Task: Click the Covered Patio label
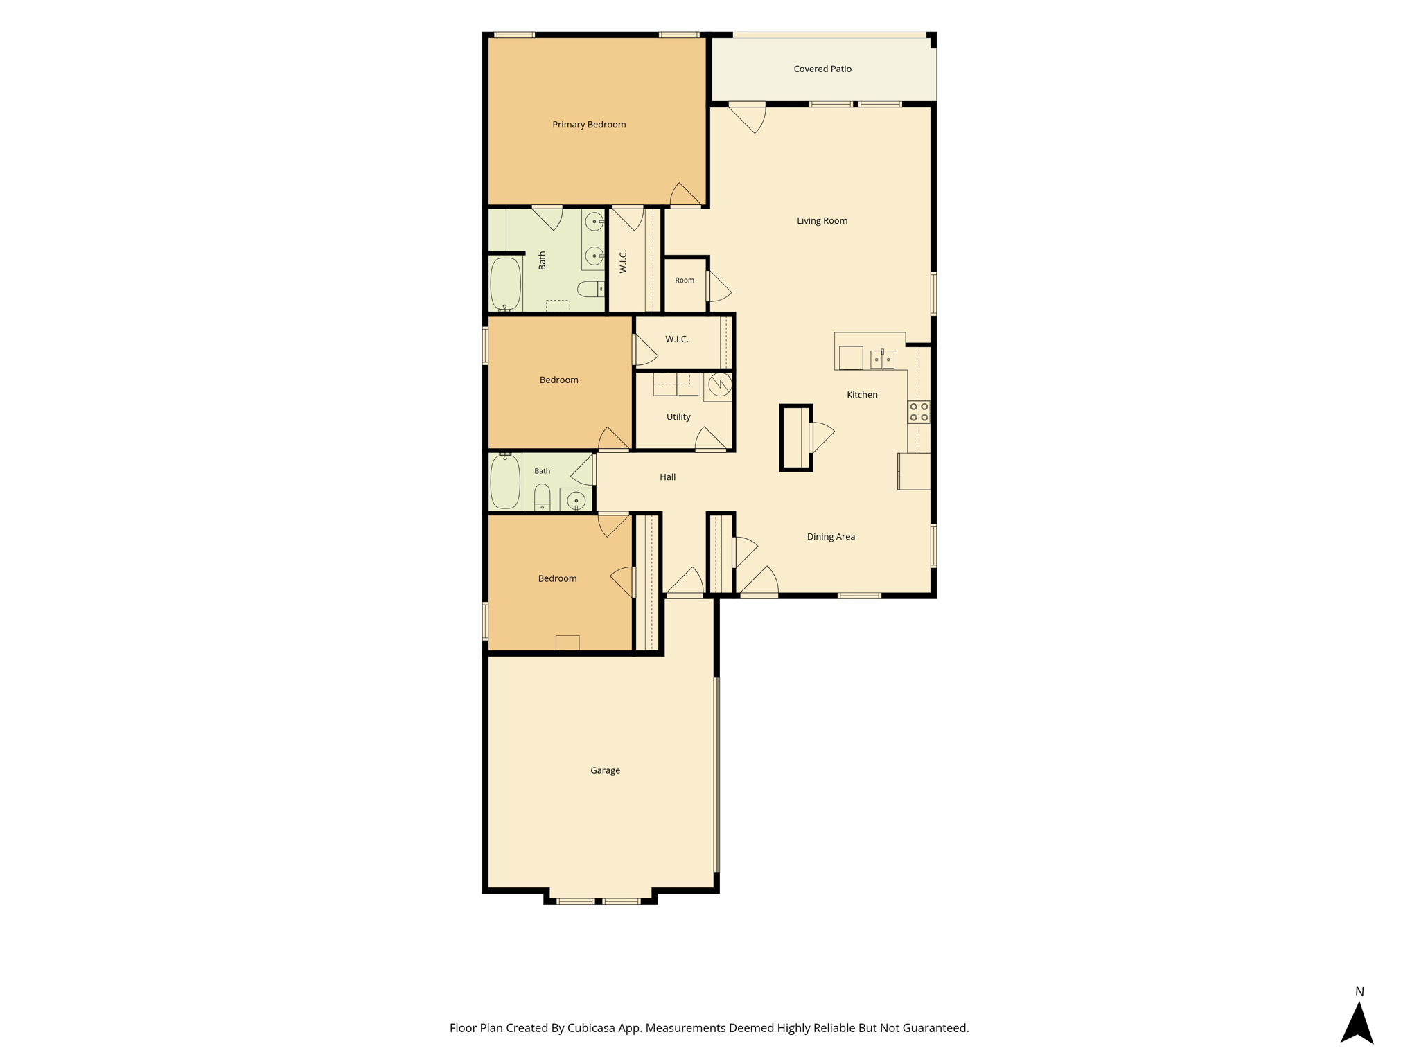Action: pyautogui.click(x=822, y=69)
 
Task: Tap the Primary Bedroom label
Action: pyautogui.click(x=589, y=125)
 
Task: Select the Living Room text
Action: pyautogui.click(x=822, y=221)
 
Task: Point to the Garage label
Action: pyautogui.click(x=605, y=770)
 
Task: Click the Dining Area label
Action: pyautogui.click(x=831, y=537)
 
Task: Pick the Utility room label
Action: pyautogui.click(x=678, y=417)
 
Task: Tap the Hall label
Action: pyautogui.click(x=667, y=477)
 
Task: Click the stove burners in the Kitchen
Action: pyautogui.click(x=919, y=412)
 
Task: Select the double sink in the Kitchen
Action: pyautogui.click(x=882, y=359)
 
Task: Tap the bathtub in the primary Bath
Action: pyautogui.click(x=506, y=285)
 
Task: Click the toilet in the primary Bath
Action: pyautogui.click(x=591, y=289)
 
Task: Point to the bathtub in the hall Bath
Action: pyautogui.click(x=505, y=482)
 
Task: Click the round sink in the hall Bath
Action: pyautogui.click(x=576, y=500)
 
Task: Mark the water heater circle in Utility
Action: pyautogui.click(x=720, y=384)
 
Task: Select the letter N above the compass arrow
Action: pyautogui.click(x=1359, y=992)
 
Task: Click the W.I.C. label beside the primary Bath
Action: pyautogui.click(x=623, y=261)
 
